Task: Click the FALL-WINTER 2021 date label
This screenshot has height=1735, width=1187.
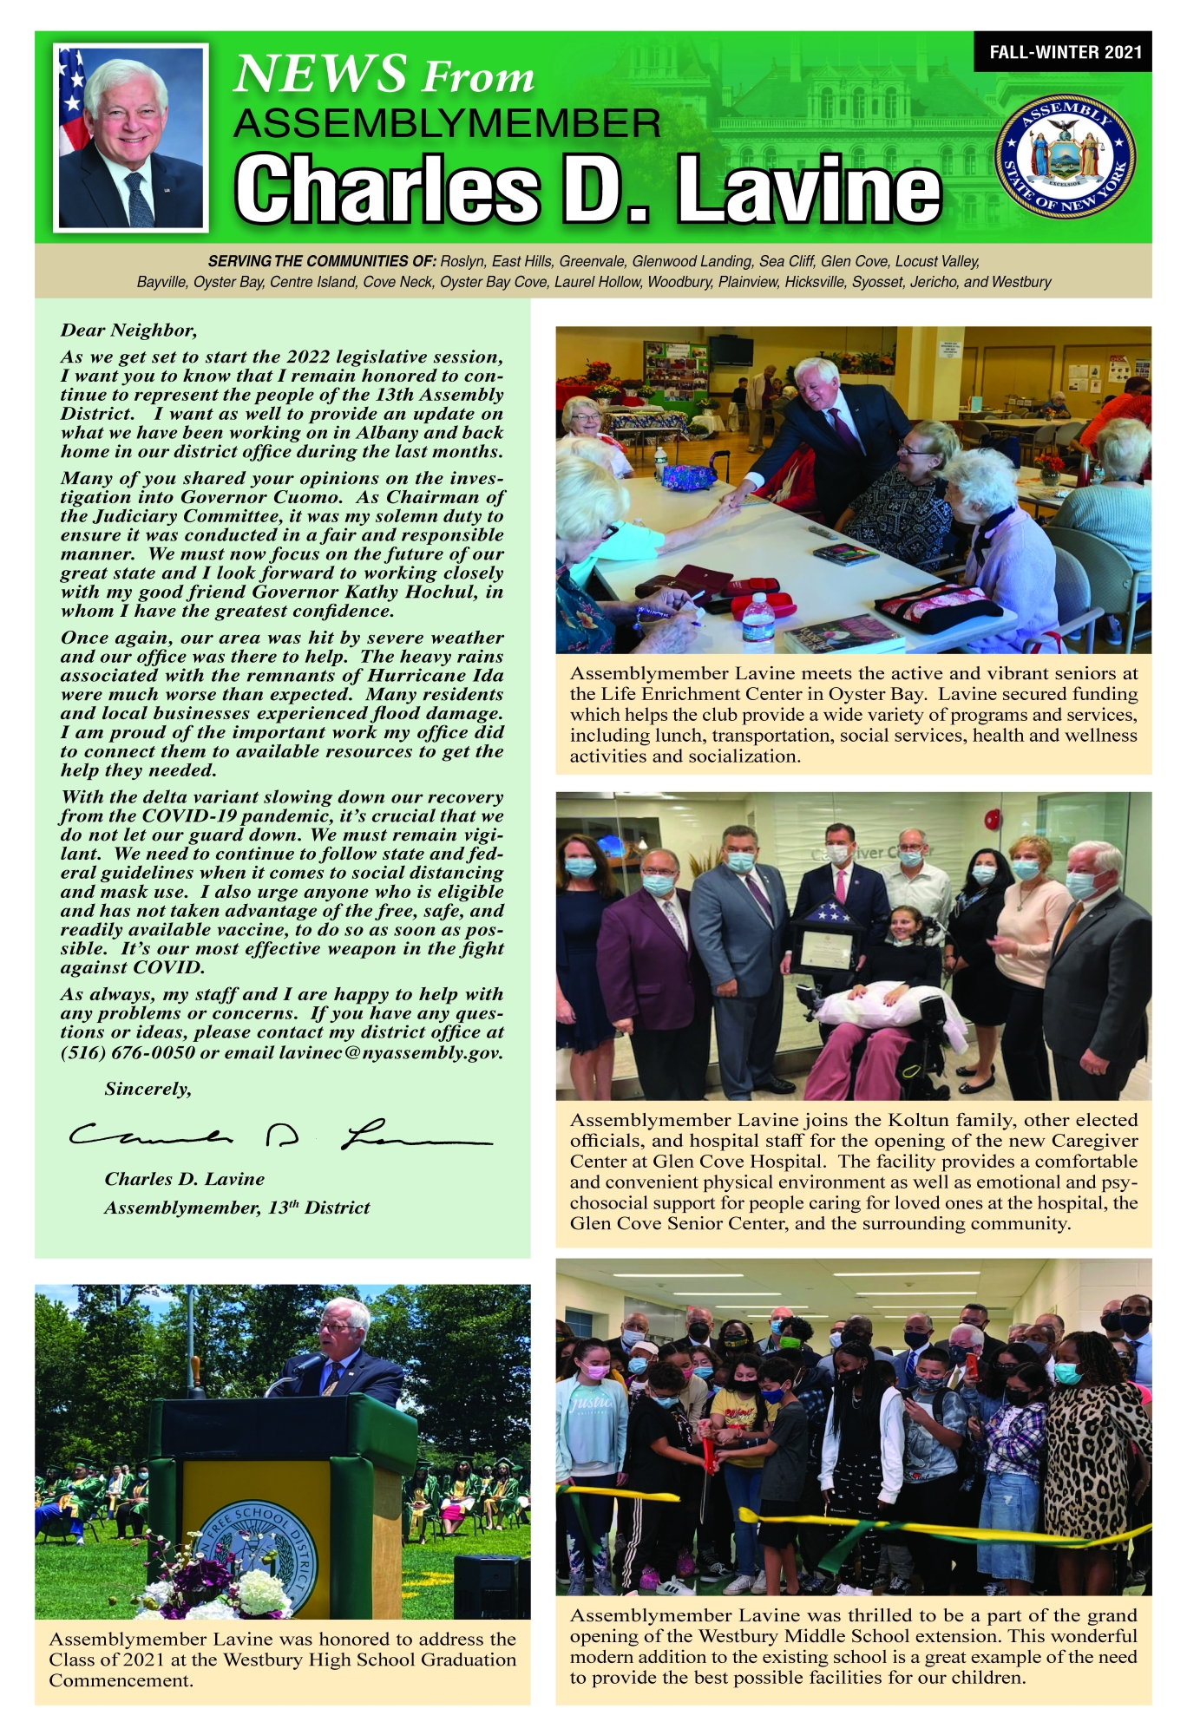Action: [x=1066, y=52]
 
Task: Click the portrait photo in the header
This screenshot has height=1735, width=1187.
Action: [x=131, y=137]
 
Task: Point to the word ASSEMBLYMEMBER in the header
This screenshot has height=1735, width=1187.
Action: [x=447, y=123]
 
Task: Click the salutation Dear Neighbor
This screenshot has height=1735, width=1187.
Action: [x=128, y=330]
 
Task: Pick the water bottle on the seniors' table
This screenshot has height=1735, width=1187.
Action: [x=757, y=620]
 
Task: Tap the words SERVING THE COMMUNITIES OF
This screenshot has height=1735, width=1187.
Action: [x=321, y=261]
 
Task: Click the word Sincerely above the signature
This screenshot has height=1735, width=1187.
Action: [x=148, y=1089]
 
